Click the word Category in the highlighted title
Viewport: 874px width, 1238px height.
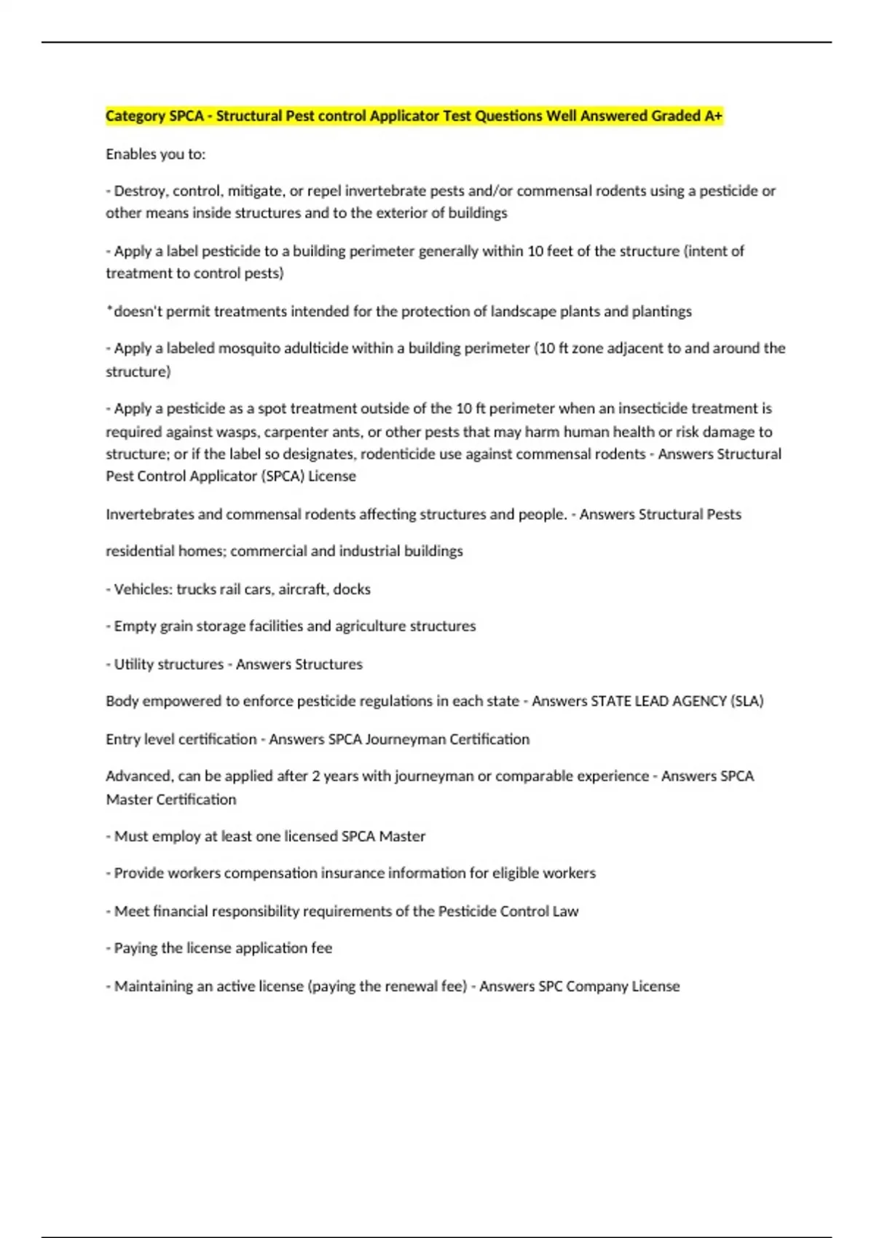135,116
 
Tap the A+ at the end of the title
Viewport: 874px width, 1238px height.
713,116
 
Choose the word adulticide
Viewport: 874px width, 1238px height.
318,348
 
